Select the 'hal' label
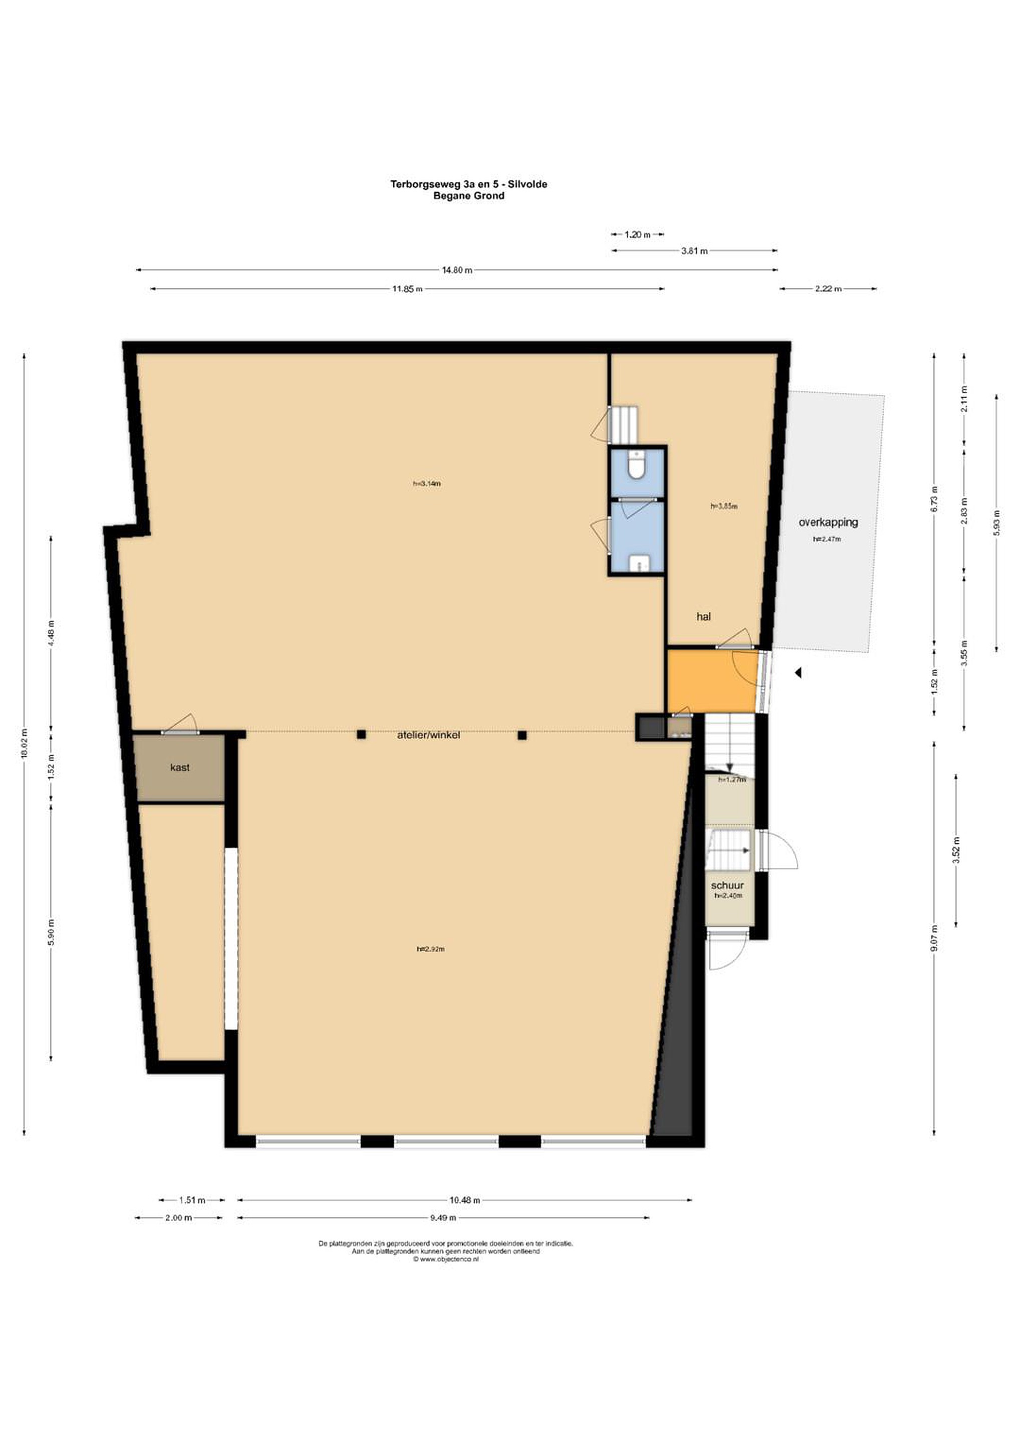703,617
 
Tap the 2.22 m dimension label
828,289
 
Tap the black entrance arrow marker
798,673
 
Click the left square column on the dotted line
361,734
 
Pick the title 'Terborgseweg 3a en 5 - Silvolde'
469,184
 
